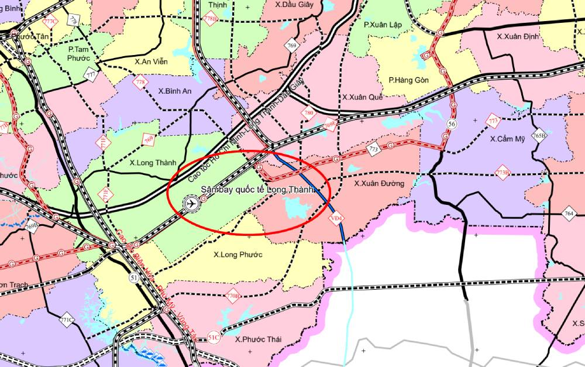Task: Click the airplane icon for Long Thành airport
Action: pyautogui.click(x=190, y=204)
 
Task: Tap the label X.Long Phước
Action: pyautogui.click(x=238, y=255)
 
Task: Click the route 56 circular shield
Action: pyautogui.click(x=452, y=124)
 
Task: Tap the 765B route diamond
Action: pyautogui.click(x=539, y=136)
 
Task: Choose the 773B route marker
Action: pyautogui.click(x=503, y=172)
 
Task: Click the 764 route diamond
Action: pyautogui.click(x=569, y=214)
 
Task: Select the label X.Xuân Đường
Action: pyautogui.click(x=379, y=183)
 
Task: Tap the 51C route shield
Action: pyautogui.click(x=214, y=338)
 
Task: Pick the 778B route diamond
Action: pyautogui.click(x=210, y=19)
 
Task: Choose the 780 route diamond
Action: pyautogui.click(x=308, y=113)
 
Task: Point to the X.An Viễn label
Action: pyautogui.click(x=152, y=60)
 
